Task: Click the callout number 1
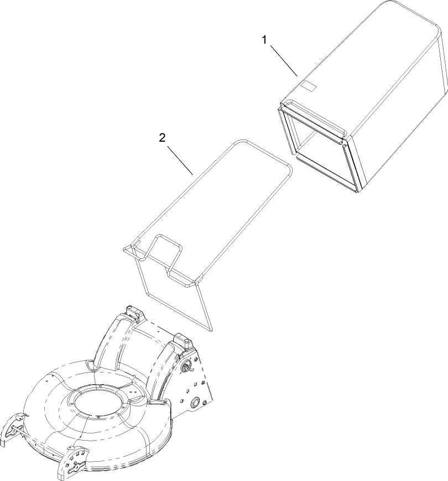point(265,39)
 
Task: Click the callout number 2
point(162,138)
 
